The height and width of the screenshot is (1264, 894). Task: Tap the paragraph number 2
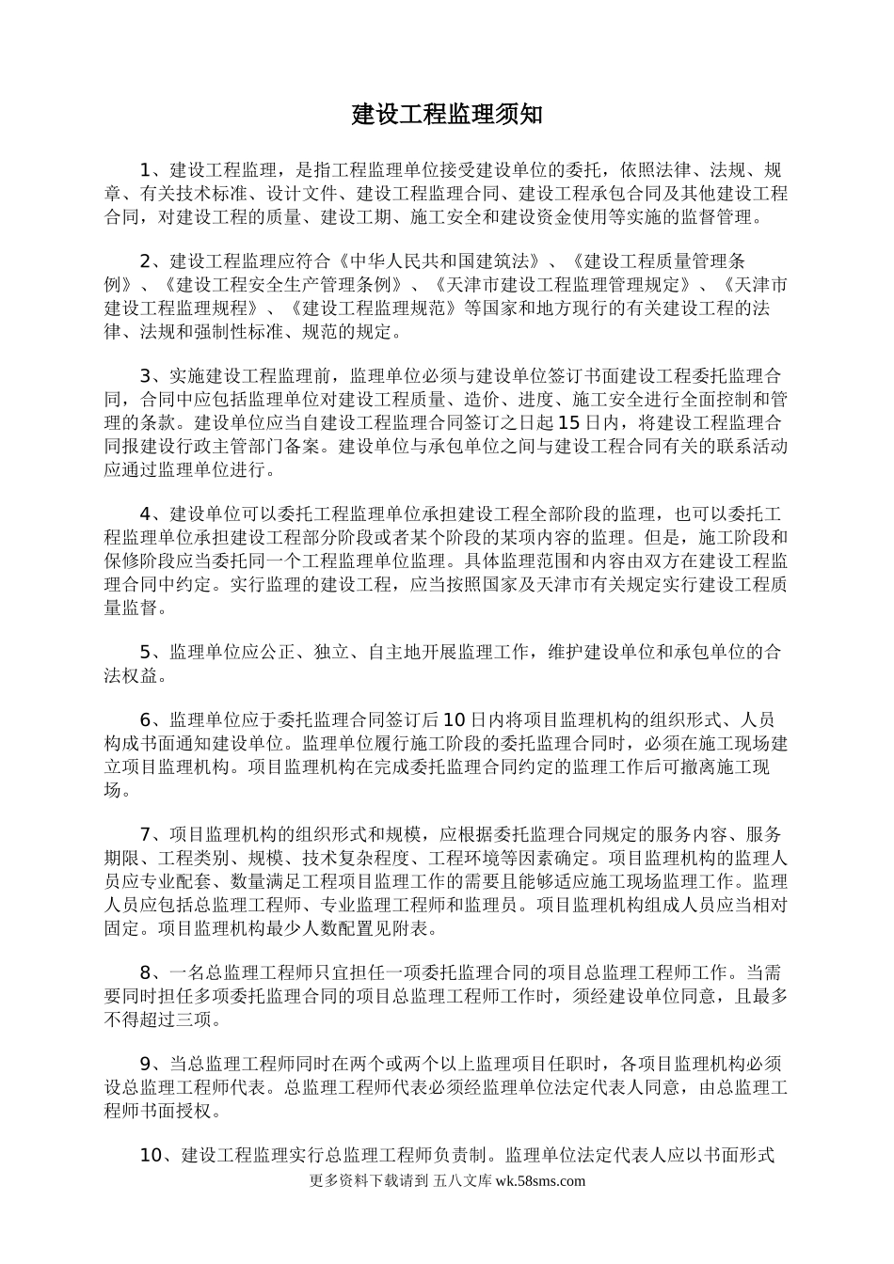pyautogui.click(x=146, y=261)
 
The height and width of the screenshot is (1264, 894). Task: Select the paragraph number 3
pyautogui.click(x=146, y=375)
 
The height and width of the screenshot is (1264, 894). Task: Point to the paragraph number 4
pyautogui.click(x=146, y=513)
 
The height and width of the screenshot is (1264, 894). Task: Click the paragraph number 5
pyautogui.click(x=146, y=652)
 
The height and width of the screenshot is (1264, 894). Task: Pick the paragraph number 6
pyautogui.click(x=146, y=720)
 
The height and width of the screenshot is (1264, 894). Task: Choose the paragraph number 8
pyautogui.click(x=146, y=972)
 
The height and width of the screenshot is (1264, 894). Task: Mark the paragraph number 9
pyautogui.click(x=146, y=1065)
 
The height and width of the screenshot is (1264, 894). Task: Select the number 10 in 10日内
pyautogui.click(x=455, y=720)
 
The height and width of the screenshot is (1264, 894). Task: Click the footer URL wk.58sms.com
pyautogui.click(x=539, y=1182)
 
